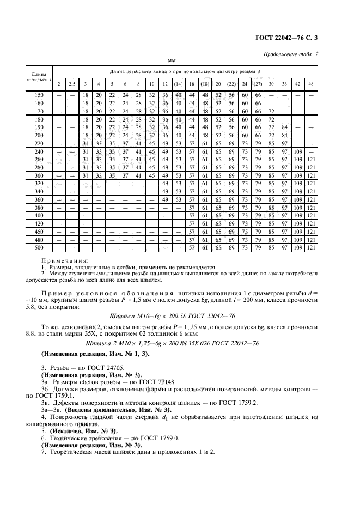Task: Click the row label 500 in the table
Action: (x=39, y=248)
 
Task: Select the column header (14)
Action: (x=178, y=84)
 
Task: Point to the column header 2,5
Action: (x=72, y=84)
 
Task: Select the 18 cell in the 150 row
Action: (x=85, y=95)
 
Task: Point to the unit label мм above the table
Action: (x=172, y=61)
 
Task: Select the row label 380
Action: (x=39, y=208)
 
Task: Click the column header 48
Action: (x=311, y=84)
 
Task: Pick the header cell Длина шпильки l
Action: (x=39, y=76)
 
